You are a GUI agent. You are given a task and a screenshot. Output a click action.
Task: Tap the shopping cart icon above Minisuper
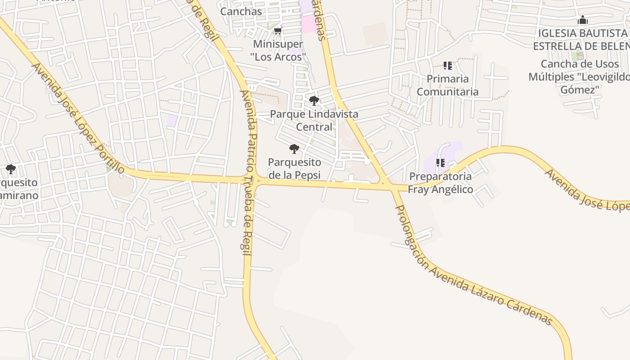click(278, 31)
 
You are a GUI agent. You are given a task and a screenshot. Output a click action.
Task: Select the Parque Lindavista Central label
click(314, 120)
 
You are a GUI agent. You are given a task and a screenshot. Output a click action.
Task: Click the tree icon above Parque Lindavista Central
click(314, 100)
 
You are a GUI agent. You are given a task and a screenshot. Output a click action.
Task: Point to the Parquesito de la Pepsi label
click(294, 168)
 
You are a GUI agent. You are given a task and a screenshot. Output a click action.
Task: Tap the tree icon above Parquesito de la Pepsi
click(294, 148)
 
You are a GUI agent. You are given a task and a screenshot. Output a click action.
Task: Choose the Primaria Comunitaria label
click(447, 85)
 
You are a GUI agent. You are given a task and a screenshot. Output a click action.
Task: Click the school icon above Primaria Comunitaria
click(447, 66)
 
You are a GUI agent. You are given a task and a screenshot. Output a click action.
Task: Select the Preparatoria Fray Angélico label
click(440, 183)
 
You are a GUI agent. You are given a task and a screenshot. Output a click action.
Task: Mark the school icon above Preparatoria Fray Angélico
click(440, 163)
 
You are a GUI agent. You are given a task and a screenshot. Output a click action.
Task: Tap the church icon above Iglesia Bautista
click(583, 20)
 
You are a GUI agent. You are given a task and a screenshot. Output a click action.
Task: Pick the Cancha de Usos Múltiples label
click(580, 76)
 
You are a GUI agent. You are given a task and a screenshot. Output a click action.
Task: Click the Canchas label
click(241, 11)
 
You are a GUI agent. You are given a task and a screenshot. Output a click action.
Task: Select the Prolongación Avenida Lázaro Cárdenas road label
click(472, 265)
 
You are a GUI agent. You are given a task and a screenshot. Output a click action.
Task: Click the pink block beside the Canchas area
click(309, 24)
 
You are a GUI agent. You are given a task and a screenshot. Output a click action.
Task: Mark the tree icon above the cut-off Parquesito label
click(11, 169)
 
